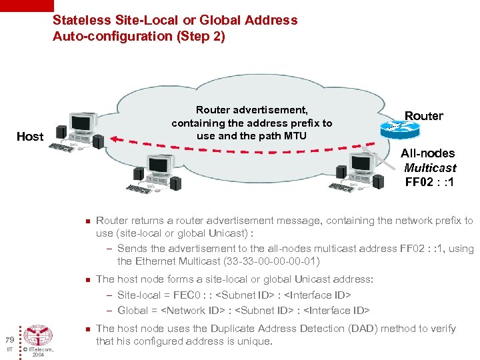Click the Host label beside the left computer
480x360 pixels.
(x=29, y=137)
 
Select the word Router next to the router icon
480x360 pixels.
(x=423, y=116)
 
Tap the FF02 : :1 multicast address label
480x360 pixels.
(x=429, y=181)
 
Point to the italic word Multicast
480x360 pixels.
(x=430, y=167)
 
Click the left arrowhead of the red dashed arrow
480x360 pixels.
(x=114, y=139)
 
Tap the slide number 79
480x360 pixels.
(x=7, y=339)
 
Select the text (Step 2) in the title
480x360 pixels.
(x=200, y=36)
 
